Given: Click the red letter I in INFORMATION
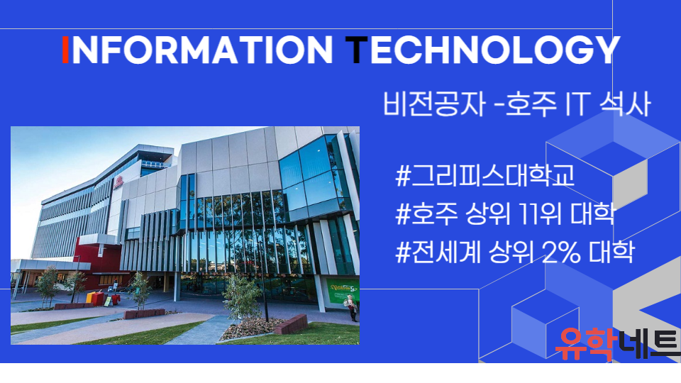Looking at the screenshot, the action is pos(65,50).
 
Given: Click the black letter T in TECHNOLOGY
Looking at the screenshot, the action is pos(357,50).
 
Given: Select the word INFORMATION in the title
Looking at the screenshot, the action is pos(198,50).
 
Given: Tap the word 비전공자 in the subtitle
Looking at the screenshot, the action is pos(433,104).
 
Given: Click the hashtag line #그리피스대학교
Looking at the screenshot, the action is pos(485,175).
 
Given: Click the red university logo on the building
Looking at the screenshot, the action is pos(118,183).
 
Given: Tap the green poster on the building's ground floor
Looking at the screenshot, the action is pos(343,290).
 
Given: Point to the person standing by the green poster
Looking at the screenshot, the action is pos(351,307).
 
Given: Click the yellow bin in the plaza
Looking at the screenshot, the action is pos(91,297).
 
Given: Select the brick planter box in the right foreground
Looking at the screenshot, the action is pos(291,324).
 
